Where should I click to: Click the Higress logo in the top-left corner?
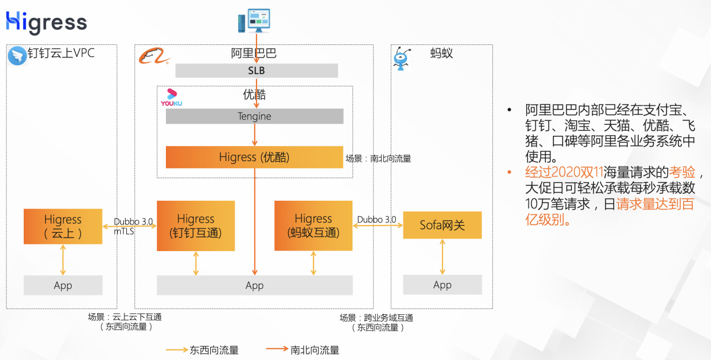[46, 22]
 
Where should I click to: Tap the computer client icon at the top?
[250, 21]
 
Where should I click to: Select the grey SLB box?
[256, 70]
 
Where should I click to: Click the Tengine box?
[254, 116]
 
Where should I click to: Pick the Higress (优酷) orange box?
[254, 157]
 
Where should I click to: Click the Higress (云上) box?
[63, 226]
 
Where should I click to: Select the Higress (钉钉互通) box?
[196, 226]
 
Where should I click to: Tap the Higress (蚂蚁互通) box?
[313, 226]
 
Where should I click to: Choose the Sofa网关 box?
[442, 225]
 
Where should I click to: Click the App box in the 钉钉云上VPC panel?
[63, 285]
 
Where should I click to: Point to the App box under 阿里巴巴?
[254, 285]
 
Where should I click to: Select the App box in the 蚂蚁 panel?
[442, 285]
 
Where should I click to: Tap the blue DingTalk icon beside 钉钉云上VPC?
[17, 56]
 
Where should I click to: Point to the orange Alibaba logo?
[154, 57]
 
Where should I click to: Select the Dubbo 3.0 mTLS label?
[133, 226]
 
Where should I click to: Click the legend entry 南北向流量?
[303, 350]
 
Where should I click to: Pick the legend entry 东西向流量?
[202, 350]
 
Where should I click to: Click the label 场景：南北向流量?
[378, 159]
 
